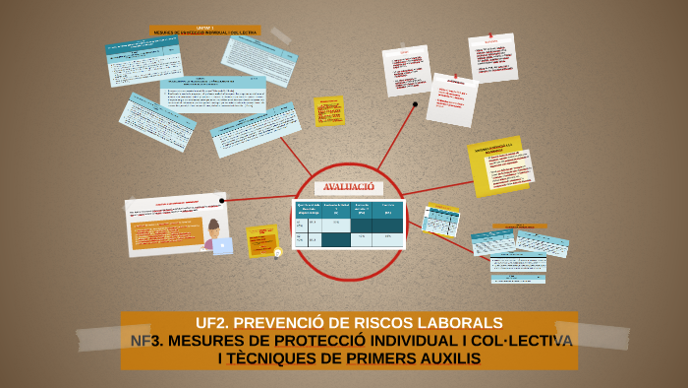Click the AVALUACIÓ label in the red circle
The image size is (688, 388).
click(x=349, y=187)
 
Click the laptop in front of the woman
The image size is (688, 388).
click(x=222, y=246)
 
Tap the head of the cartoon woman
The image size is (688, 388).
click(x=214, y=226)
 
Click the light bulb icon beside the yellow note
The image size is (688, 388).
click(x=278, y=252)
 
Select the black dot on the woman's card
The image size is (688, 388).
click(x=222, y=201)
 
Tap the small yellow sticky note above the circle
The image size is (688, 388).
click(x=328, y=110)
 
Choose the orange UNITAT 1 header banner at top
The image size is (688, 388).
click(x=204, y=31)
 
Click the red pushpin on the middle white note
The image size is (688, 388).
click(x=454, y=77)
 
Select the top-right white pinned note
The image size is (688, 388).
click(x=492, y=57)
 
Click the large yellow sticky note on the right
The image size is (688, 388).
click(x=496, y=164)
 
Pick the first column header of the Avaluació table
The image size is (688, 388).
click(x=309, y=209)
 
